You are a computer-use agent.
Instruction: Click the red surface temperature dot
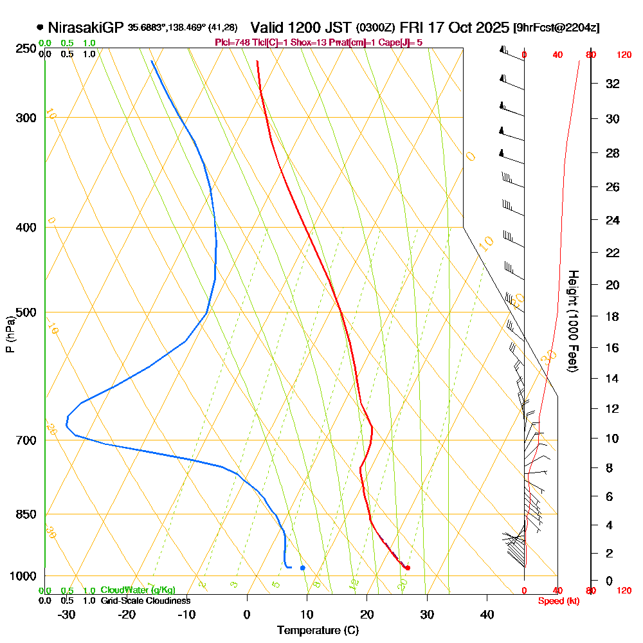(408, 567)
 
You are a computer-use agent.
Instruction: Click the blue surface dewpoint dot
(302, 567)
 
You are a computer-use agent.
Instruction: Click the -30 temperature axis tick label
(67, 615)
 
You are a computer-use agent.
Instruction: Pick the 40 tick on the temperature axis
(487, 615)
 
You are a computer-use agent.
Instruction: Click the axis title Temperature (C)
(318, 631)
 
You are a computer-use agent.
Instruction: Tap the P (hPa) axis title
(10, 334)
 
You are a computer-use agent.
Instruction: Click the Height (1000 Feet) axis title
(572, 321)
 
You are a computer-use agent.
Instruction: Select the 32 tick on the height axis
(613, 84)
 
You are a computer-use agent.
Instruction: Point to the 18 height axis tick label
(613, 316)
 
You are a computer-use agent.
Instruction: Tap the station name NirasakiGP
(85, 28)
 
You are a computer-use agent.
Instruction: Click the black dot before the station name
(41, 28)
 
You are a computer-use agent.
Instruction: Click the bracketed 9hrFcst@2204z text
(557, 28)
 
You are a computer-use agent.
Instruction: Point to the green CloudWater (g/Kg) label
(138, 590)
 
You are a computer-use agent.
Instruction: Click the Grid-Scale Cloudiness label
(145, 601)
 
